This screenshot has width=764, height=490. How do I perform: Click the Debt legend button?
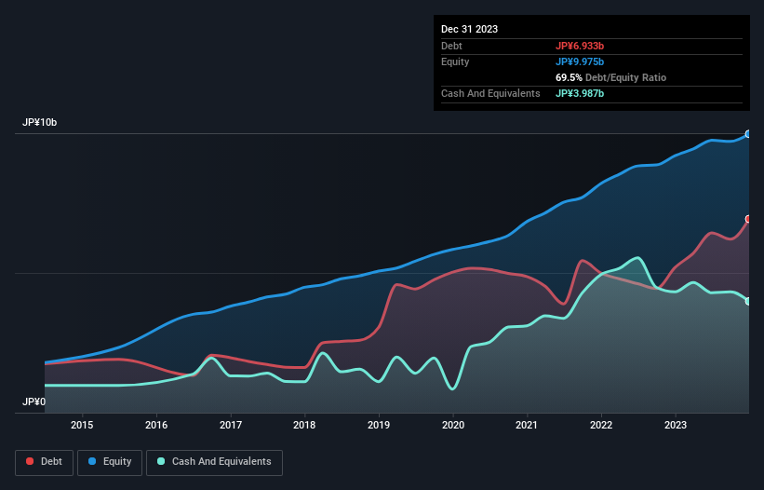(43, 461)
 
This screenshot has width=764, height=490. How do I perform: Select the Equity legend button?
(109, 461)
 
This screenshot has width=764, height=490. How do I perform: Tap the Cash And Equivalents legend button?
(213, 461)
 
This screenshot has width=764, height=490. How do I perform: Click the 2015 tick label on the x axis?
(82, 426)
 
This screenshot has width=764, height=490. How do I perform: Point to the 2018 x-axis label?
(304, 426)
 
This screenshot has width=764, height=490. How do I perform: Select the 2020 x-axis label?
(453, 426)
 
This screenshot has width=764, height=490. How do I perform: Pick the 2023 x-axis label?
(676, 426)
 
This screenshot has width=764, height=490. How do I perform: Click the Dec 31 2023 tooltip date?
(469, 29)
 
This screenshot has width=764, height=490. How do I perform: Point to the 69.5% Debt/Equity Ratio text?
(610, 77)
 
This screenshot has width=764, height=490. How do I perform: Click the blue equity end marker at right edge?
(747, 134)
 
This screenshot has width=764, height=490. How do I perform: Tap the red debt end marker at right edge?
(747, 219)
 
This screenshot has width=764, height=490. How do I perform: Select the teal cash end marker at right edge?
(747, 301)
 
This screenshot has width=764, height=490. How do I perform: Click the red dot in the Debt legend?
(31, 461)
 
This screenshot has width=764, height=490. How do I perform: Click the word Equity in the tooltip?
(455, 61)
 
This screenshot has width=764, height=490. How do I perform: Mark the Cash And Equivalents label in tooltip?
(490, 93)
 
